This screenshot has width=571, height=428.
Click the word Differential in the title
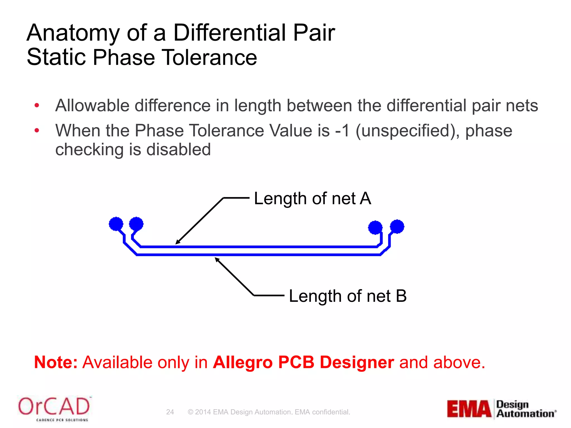(229, 33)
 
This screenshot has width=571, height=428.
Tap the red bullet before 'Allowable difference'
(37, 106)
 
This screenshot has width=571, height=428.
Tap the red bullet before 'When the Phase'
(37, 130)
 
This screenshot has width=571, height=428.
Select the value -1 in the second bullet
(342, 130)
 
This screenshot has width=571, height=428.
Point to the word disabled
(178, 150)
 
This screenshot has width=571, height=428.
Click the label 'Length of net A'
(312, 199)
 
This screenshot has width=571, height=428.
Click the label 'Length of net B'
(348, 296)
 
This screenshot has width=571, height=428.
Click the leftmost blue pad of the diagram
(116, 224)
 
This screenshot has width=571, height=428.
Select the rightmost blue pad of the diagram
(397, 226)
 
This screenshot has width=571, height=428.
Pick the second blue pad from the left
(136, 223)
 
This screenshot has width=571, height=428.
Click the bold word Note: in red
(55, 363)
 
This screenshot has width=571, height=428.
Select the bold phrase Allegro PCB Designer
(303, 363)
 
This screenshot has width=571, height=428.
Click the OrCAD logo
(54, 408)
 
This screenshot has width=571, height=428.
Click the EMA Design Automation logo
(501, 409)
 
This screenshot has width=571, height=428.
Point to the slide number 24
(170, 412)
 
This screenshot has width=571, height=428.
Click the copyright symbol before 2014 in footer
(190, 412)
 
